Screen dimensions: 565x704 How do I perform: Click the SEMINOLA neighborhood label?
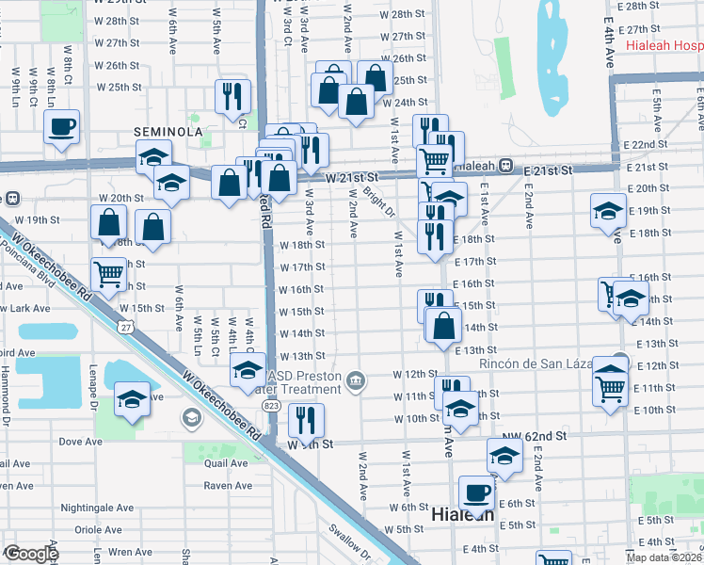[x=168, y=132]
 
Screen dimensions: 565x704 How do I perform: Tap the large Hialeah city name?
[x=462, y=515]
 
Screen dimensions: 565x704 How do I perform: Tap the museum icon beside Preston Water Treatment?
[x=355, y=380]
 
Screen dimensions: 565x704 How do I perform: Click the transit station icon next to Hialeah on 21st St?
[x=505, y=165]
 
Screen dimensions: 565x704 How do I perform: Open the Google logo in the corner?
[x=31, y=554]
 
